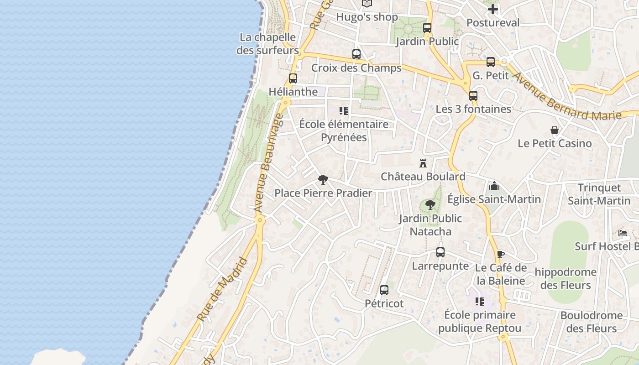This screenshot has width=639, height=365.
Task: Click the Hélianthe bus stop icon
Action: point(293,78)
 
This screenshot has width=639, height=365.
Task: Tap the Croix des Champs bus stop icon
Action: point(356,54)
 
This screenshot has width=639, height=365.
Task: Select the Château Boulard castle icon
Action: point(423,163)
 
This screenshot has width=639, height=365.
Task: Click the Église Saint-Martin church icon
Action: point(494,186)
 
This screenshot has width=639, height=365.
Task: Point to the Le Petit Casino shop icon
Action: point(555,130)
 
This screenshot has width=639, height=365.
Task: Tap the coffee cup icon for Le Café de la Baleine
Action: point(501,254)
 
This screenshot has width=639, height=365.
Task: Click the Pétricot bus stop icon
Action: point(384,290)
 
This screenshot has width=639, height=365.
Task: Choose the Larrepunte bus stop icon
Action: point(440,252)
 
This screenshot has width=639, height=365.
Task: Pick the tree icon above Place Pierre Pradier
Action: point(323,179)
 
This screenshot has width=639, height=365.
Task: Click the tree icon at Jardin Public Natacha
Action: point(430,205)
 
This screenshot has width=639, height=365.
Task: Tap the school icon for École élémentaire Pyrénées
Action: point(344,110)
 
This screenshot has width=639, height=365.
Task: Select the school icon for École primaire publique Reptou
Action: point(480,301)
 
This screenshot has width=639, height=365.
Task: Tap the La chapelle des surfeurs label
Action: point(267,44)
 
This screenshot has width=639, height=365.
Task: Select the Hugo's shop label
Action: point(367,17)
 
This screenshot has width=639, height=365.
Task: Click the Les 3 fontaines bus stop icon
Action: point(473,96)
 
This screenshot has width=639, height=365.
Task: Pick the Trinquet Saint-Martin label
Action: point(599,194)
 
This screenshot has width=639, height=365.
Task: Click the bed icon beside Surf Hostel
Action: point(623,233)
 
